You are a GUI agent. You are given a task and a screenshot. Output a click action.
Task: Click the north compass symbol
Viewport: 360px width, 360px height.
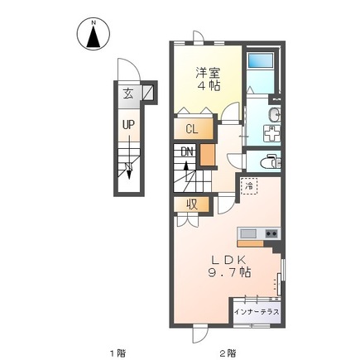[94, 34]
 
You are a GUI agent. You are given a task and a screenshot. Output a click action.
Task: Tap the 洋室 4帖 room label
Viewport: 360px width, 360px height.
[208, 79]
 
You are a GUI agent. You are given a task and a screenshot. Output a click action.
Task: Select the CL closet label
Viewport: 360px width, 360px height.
[192, 129]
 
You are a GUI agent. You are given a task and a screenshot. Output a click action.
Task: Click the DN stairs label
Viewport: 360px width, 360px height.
[187, 151]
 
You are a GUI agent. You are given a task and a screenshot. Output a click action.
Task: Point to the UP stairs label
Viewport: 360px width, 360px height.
[128, 125]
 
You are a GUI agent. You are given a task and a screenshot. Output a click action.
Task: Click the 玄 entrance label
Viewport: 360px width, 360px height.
[128, 94]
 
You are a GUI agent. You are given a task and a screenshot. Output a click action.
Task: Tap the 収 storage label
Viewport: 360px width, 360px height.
[192, 204]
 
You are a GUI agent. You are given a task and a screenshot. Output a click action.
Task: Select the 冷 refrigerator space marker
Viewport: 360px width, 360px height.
[249, 186]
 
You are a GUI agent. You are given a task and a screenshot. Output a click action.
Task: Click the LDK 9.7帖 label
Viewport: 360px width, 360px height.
[228, 266]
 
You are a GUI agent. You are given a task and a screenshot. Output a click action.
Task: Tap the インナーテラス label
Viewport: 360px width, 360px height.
[257, 312]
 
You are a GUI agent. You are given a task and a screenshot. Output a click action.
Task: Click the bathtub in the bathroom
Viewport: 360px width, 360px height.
[261, 60]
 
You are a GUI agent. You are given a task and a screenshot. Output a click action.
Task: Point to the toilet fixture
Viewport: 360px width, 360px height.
[271, 162]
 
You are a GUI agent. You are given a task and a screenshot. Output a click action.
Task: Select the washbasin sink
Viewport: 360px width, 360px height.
[274, 114]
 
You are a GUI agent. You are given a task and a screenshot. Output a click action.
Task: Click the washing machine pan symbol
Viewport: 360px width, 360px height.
[272, 133]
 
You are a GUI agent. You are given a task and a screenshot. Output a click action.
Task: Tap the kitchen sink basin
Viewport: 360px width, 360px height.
[248, 233]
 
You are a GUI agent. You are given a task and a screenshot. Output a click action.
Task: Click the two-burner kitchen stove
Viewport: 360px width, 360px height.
[271, 233]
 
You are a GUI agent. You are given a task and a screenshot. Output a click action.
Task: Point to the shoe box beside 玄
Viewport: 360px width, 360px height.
[147, 93]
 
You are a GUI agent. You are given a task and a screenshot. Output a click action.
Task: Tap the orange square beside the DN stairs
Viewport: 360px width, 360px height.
[207, 155]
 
